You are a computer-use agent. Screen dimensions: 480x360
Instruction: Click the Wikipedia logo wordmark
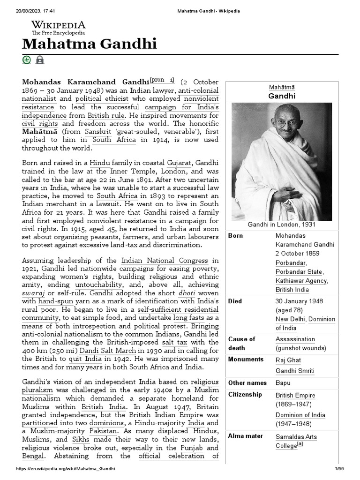pyautogui.click(x=58, y=25)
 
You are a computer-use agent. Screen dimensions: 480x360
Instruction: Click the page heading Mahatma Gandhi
pyautogui.click(x=89, y=44)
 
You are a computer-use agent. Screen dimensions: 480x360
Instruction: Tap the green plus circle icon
pyautogui.click(x=27, y=60)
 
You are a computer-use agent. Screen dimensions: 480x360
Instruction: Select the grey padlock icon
pyautogui.click(x=40, y=60)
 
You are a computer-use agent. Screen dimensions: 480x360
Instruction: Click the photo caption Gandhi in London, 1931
pyautogui.click(x=281, y=225)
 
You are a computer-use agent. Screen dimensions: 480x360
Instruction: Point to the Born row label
pyautogui.click(x=235, y=236)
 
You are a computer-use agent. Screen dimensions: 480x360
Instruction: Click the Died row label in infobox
pyautogui.click(x=235, y=301)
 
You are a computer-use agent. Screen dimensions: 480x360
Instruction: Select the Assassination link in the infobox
pyautogui.click(x=295, y=339)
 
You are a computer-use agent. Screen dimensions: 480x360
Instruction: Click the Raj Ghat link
pyautogui.click(x=288, y=360)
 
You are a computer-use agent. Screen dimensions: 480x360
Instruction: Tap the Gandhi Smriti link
pyautogui.click(x=295, y=371)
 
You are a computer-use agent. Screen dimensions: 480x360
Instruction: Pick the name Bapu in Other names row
pyautogui.click(x=283, y=383)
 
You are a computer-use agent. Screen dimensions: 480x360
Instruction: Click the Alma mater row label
pyautogui.click(x=245, y=436)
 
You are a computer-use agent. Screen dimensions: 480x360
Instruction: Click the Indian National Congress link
pyautogui.click(x=164, y=261)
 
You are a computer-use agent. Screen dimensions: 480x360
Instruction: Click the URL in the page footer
pyautogui.click(x=66, y=469)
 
